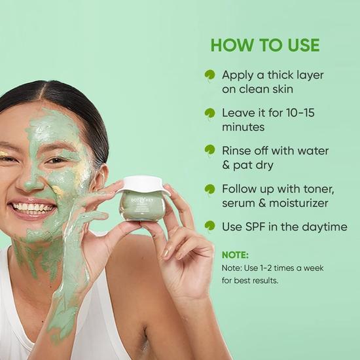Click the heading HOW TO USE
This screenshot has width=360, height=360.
pyautogui.click(x=265, y=45)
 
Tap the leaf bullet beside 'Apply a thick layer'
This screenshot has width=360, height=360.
pyautogui.click(x=209, y=75)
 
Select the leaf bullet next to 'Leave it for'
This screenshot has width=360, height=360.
pyautogui.click(x=209, y=113)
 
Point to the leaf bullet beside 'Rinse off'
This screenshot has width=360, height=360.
pyautogui.click(x=209, y=151)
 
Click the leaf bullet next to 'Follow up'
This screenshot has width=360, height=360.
pyautogui.click(x=209, y=189)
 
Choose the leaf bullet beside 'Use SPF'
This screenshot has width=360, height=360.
pyautogui.click(x=209, y=226)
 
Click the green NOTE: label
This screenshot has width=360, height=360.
pyautogui.click(x=236, y=255)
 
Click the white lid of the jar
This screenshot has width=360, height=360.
pyautogui.click(x=143, y=185)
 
